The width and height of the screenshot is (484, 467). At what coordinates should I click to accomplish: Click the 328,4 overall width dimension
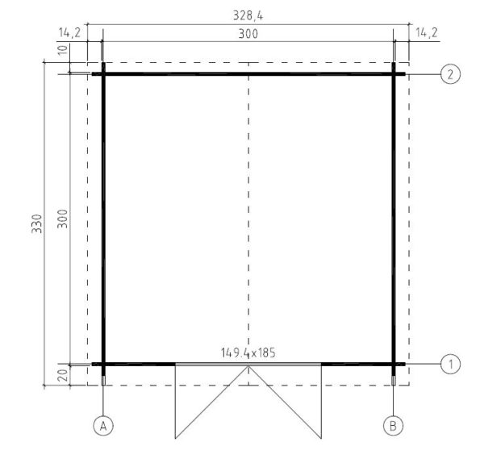pos(248,15)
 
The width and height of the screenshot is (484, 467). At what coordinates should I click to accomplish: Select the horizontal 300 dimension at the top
pos(248,34)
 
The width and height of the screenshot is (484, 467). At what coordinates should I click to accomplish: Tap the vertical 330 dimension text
pos(37,223)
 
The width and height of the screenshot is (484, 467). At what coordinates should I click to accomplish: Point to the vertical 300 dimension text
pos(63,219)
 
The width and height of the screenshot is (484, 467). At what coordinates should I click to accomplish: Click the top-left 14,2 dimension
pos(69,32)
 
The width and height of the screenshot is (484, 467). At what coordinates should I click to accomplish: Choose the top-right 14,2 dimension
pos(427,32)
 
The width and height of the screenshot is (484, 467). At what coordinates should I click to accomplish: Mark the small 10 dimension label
pos(63,49)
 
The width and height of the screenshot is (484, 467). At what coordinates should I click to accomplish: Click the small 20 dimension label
pos(63,375)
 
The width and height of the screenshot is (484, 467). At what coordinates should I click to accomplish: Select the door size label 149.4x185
pos(248,352)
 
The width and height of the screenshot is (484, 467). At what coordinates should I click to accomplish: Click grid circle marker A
pos(103,426)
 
